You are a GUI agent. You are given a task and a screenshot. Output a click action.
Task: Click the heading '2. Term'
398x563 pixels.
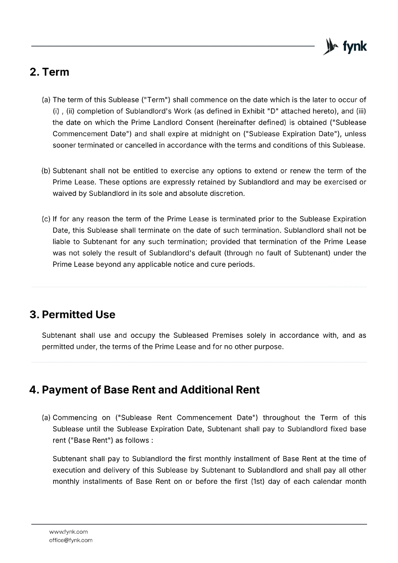click(x=49, y=72)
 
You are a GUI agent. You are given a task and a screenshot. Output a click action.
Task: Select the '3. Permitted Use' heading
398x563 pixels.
click(x=72, y=315)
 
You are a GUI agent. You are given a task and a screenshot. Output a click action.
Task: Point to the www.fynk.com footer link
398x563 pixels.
click(x=68, y=532)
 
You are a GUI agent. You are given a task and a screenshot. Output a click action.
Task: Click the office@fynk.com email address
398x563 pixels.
click(x=71, y=540)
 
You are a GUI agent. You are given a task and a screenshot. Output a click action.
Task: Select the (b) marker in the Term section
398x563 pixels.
click(x=46, y=171)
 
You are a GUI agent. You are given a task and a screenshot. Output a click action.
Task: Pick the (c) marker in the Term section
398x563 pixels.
click(x=46, y=219)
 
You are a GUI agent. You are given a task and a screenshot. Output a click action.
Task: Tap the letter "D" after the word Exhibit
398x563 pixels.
click(x=271, y=111)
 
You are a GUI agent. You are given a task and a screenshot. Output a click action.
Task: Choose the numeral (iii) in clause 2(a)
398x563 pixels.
click(x=361, y=111)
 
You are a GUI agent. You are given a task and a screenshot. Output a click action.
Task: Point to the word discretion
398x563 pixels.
click(x=226, y=194)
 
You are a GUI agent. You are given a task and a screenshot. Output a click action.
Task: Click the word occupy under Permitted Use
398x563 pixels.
click(x=142, y=335)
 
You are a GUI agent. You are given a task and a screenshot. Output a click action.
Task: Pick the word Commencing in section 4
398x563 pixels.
click(x=75, y=418)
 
